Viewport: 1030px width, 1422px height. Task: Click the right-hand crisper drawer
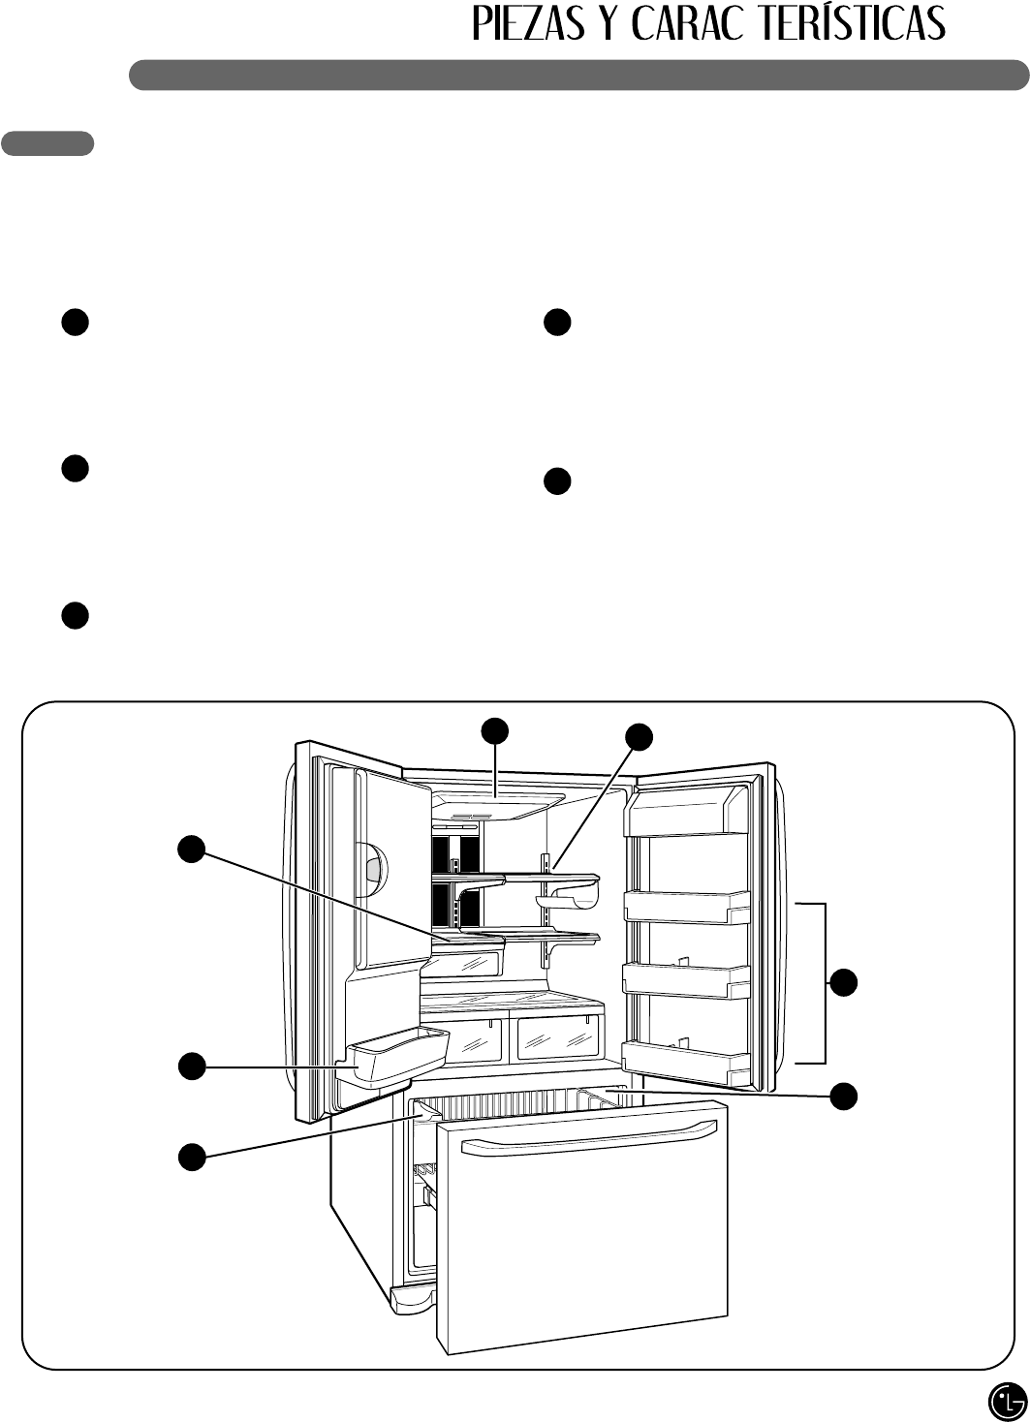click(x=557, y=1036)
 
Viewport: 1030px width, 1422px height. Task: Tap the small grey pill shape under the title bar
click(x=47, y=143)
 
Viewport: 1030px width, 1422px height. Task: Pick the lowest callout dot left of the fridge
click(x=191, y=1156)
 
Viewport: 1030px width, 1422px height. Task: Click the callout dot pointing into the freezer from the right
click(x=844, y=1096)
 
